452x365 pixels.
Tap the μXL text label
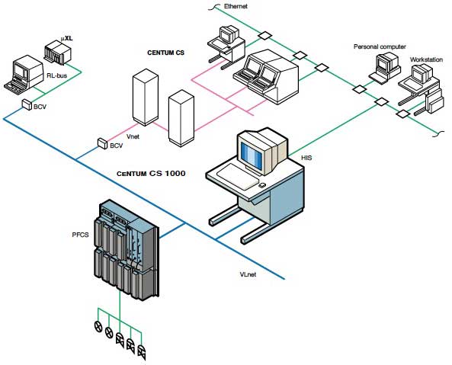point(68,37)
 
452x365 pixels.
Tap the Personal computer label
point(379,46)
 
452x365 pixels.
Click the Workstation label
point(425,59)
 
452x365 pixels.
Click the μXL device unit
point(56,54)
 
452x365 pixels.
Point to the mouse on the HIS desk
point(261,184)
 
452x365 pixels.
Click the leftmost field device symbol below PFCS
point(98,328)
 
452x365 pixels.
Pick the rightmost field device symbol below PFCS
point(142,351)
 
